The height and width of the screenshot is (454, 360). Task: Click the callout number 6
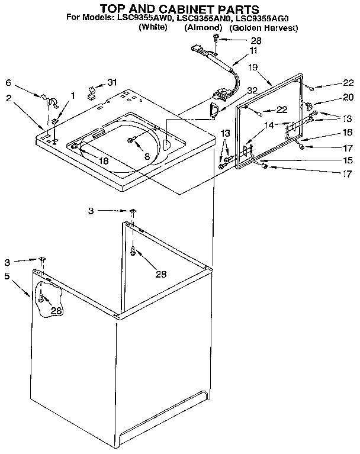coord(8,83)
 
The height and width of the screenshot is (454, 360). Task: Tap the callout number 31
coord(112,82)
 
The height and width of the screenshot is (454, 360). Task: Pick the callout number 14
coord(269,125)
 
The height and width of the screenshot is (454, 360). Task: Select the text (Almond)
coord(203,28)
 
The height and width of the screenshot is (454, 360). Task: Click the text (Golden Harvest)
coord(263,28)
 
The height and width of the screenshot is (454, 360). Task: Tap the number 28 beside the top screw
coord(256,40)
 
